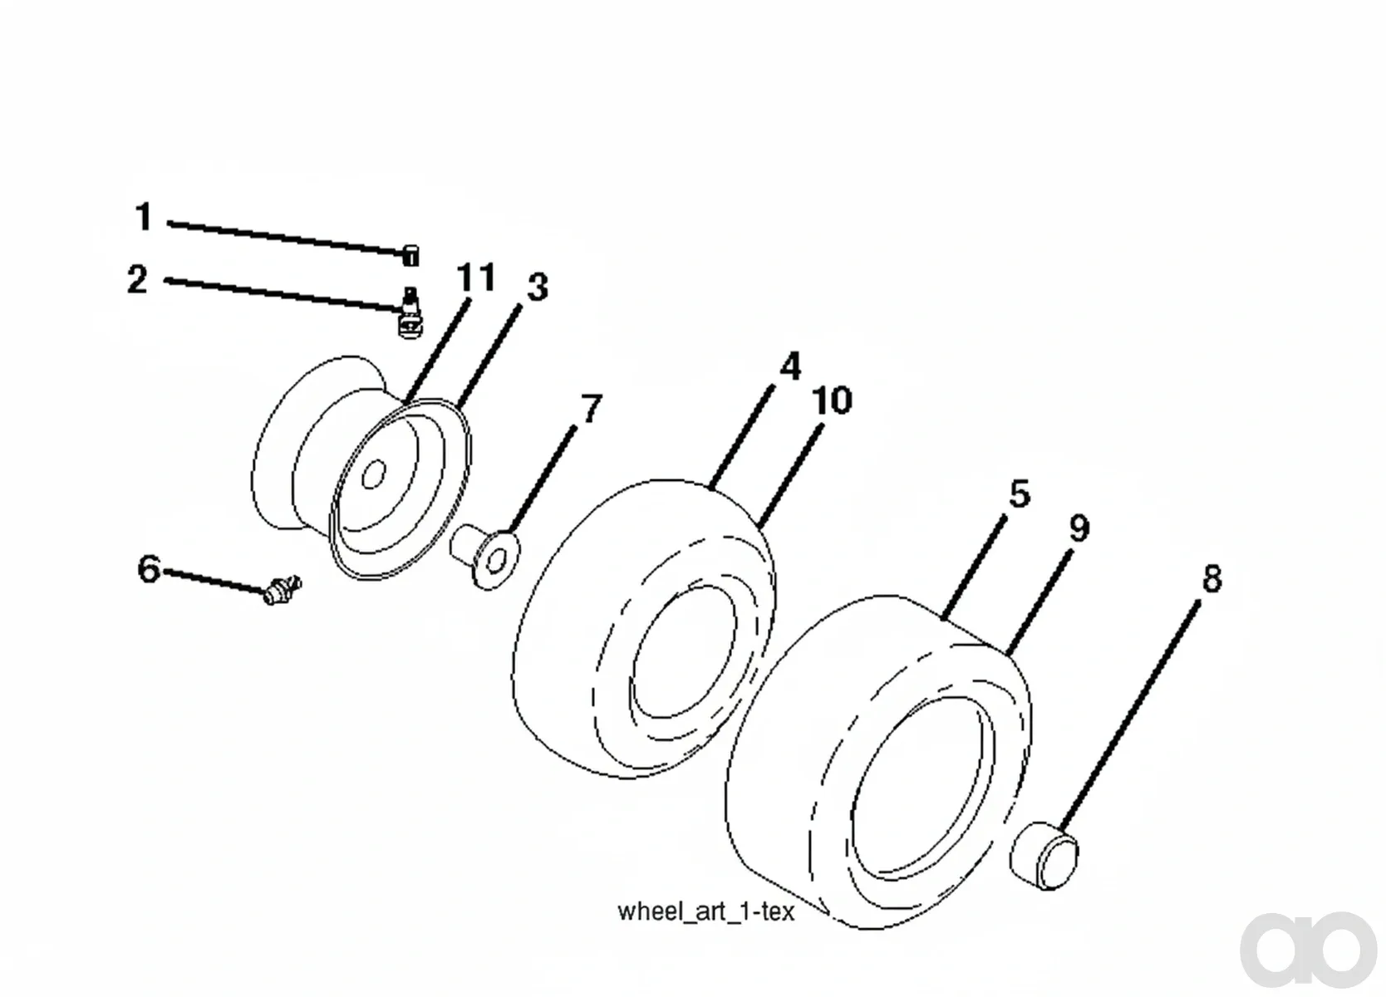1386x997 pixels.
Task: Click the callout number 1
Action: point(144,217)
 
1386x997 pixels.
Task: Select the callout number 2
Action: point(137,279)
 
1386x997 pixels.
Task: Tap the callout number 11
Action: point(476,277)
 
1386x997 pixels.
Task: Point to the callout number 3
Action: point(537,287)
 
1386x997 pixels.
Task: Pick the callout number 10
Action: point(832,400)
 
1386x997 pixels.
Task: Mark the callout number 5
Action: point(1020,494)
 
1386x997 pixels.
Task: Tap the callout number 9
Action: point(1079,528)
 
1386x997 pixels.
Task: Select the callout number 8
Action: point(1212,578)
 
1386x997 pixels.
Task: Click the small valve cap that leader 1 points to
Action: point(410,255)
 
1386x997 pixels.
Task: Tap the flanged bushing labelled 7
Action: point(486,555)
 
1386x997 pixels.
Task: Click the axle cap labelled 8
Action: point(1044,856)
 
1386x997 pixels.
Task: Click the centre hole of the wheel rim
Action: point(373,474)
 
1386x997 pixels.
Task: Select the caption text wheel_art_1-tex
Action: point(705,911)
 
